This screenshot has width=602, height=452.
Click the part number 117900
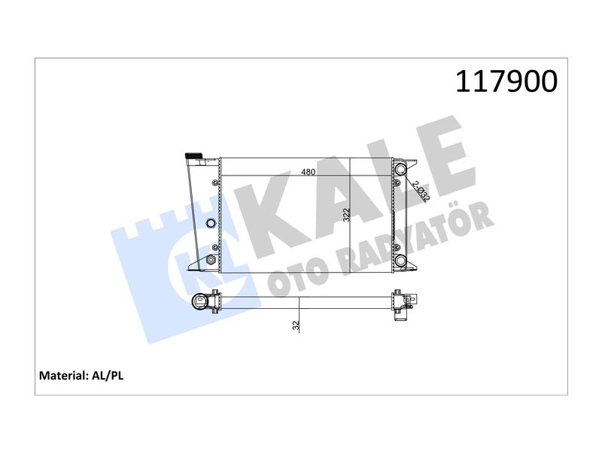tap(506, 81)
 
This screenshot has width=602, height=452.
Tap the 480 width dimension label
tap(308, 172)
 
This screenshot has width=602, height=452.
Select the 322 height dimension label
tap(346, 215)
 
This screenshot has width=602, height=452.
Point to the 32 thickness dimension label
tap(296, 325)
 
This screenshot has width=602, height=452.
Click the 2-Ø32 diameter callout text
tap(421, 191)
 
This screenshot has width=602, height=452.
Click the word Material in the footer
tap(64, 375)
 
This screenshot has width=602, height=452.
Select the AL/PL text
tap(108, 375)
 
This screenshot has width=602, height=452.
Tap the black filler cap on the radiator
tap(194, 155)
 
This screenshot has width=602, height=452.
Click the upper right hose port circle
tap(400, 169)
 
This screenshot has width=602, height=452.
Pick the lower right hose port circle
tap(400, 261)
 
